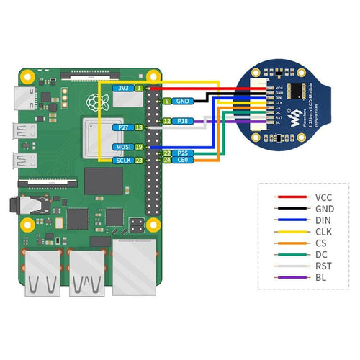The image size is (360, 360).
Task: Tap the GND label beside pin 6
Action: coord(182,102)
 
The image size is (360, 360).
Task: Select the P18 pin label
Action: coord(183,121)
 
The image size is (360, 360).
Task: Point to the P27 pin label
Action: coord(122,127)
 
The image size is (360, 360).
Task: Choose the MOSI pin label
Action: coord(122,147)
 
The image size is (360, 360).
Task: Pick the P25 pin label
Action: coord(183,153)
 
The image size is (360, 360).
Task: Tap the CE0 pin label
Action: coord(183,161)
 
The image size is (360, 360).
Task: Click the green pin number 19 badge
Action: coord(139,147)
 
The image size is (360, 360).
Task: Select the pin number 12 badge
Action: coord(166,121)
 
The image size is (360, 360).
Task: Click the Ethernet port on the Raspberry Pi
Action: coord(135,266)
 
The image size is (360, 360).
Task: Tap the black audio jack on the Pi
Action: coord(29,206)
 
